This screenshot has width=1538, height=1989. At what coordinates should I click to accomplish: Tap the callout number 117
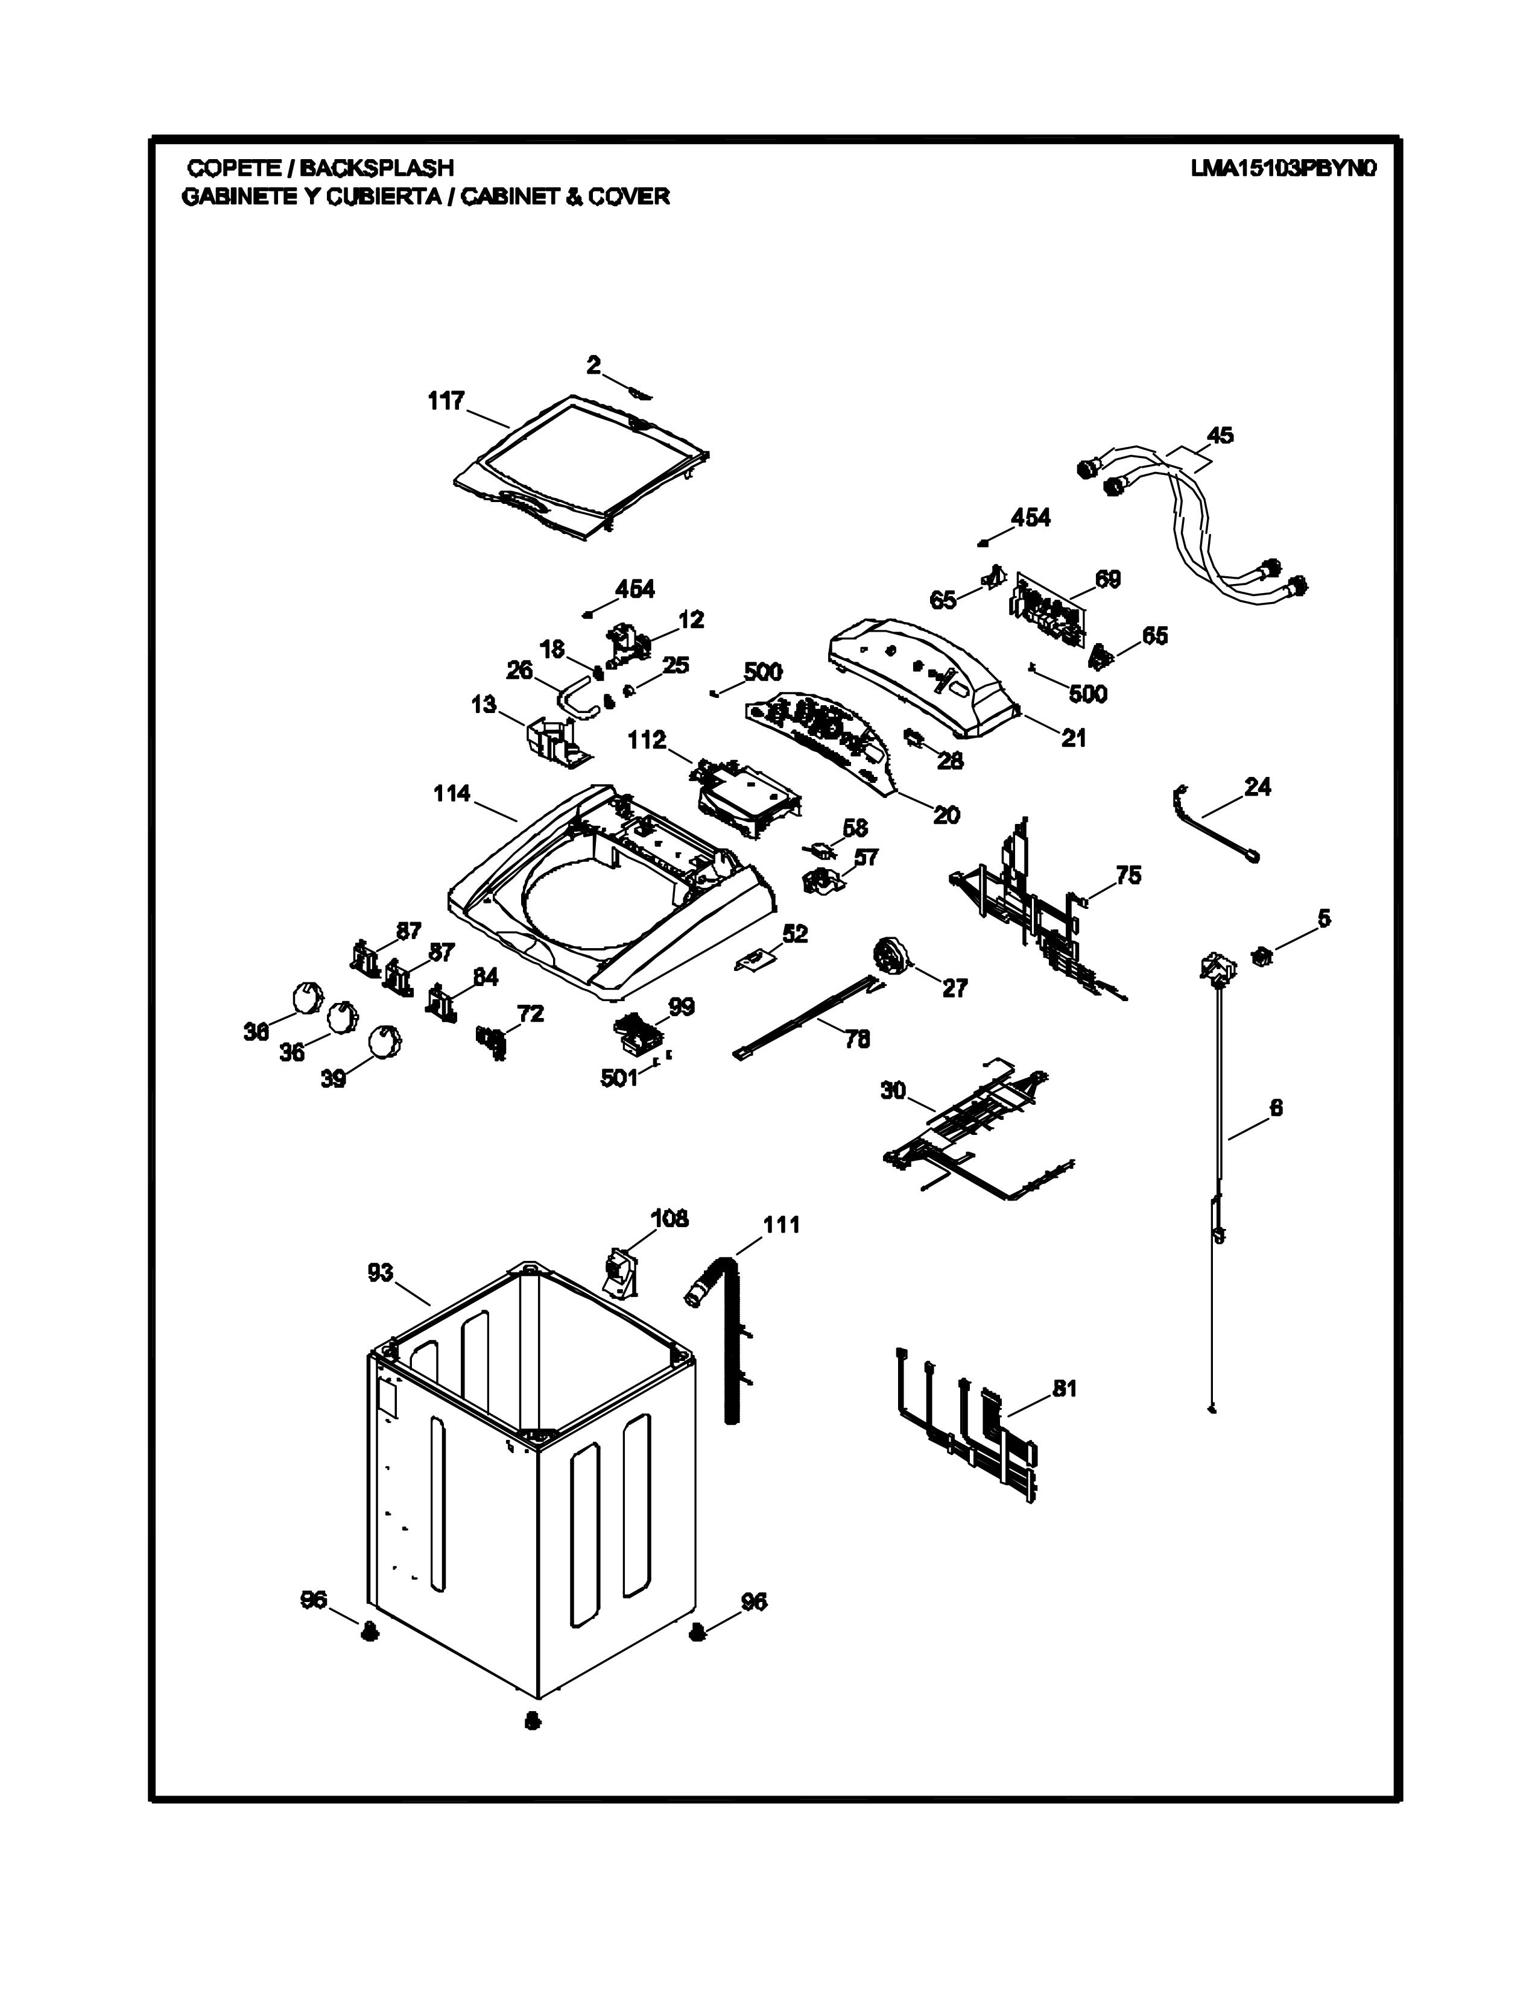pyautogui.click(x=446, y=401)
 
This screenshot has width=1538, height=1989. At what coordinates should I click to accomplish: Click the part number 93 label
pyautogui.click(x=380, y=1272)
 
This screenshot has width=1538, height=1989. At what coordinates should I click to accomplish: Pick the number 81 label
pyautogui.click(x=1064, y=1389)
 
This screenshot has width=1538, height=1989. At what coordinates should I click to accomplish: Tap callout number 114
pyautogui.click(x=451, y=794)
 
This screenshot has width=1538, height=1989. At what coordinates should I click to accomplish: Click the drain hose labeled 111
pyautogui.click(x=729, y=1339)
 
